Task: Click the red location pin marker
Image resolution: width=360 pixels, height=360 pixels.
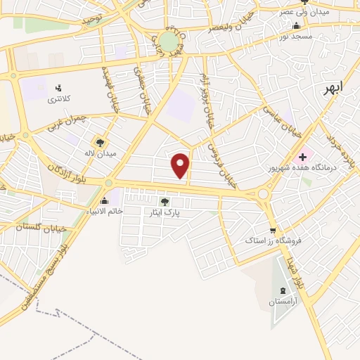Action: tap(181, 165)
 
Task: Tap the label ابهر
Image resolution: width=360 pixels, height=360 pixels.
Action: tap(334, 89)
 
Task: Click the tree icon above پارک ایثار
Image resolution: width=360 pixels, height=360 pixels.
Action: tap(165, 202)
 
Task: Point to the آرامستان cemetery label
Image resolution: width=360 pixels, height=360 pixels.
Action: tap(283, 302)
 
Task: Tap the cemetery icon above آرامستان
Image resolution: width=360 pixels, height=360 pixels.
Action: tap(283, 291)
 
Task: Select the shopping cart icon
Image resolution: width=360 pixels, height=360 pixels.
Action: tap(273, 230)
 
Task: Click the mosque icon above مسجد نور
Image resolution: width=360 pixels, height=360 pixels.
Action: tap(296, 25)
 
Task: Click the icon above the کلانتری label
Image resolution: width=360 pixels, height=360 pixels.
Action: tap(58, 89)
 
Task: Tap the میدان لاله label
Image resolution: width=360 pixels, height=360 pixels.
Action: tap(100, 152)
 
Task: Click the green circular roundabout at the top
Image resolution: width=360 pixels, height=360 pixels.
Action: tap(169, 41)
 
